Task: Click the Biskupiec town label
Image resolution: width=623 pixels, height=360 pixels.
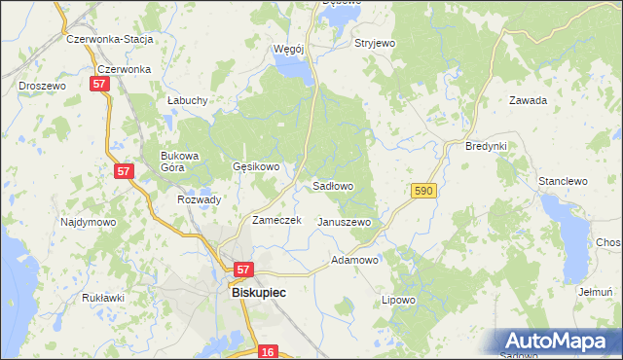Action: [x=251, y=290]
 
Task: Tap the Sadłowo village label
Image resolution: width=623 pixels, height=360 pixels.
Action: [x=332, y=186]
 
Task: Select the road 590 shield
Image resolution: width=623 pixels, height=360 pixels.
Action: [x=422, y=192]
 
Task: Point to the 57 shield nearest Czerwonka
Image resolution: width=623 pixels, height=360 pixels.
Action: [x=99, y=86]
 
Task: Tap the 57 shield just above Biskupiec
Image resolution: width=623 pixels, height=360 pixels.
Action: [x=243, y=270]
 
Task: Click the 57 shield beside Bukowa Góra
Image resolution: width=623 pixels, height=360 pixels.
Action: [x=124, y=171]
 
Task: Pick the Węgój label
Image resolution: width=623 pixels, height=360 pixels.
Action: [x=289, y=48]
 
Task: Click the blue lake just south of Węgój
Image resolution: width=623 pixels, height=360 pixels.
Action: [x=295, y=69]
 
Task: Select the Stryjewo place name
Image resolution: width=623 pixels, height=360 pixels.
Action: [x=375, y=44]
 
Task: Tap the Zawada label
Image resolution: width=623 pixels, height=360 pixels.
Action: [x=528, y=100]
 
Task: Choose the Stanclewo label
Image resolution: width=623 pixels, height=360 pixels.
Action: [x=563, y=181]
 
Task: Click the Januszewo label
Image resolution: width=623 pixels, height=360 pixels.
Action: [x=345, y=222]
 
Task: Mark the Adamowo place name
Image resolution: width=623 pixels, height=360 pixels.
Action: [x=354, y=261]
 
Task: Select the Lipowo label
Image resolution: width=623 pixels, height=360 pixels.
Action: [x=398, y=300]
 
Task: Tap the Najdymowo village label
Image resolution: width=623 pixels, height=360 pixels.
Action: [x=88, y=222]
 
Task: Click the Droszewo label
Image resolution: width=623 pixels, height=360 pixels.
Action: [x=42, y=86]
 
